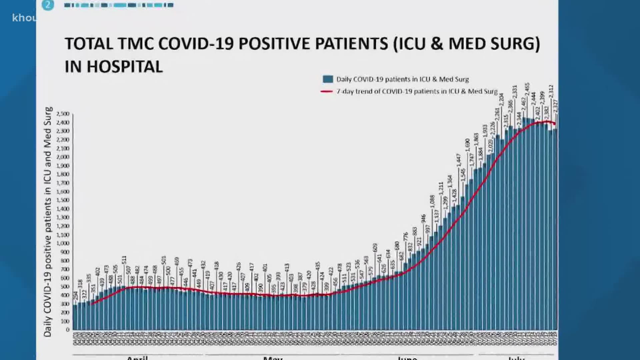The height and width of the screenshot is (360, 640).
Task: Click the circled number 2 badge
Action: (48, 5)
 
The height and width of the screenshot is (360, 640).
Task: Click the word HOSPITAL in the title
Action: (125, 67)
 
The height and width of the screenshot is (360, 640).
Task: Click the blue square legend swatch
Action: (328, 79)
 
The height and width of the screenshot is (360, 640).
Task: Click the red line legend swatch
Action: (327, 91)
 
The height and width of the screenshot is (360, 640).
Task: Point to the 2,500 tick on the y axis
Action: (63, 114)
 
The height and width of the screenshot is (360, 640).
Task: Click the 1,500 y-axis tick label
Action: (63, 200)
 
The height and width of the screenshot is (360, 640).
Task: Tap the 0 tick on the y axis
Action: (68, 330)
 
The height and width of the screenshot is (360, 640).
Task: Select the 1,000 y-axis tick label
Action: (63, 244)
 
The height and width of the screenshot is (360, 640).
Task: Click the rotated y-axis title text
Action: (48, 222)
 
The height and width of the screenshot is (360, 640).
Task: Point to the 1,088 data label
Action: (432, 201)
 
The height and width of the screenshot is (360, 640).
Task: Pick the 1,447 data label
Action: (459, 160)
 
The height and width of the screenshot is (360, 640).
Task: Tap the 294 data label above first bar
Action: (76, 295)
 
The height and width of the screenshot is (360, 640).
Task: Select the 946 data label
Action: (423, 219)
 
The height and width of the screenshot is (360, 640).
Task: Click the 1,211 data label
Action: (441, 189)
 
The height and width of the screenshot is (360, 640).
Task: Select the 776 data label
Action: (406, 237)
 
